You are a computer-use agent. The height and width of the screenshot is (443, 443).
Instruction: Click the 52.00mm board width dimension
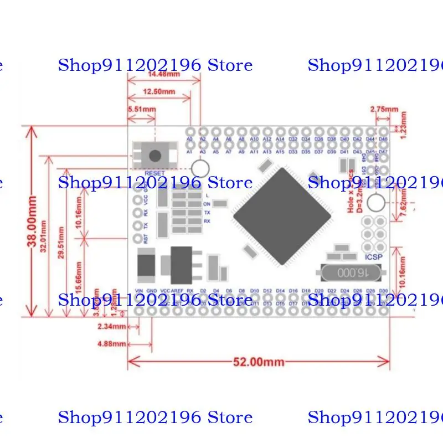coord(258,362)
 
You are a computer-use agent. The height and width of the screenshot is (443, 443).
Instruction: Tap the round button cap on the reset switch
coord(156,155)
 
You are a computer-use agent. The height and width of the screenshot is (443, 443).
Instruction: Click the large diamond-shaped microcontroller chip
coord(282,216)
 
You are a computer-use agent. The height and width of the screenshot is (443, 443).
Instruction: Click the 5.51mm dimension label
coord(141,110)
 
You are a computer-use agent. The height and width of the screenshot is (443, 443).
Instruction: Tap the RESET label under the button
coord(155,173)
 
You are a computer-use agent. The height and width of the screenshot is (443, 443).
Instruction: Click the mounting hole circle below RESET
coord(200,168)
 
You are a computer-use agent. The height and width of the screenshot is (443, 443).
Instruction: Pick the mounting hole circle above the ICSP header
coord(376,203)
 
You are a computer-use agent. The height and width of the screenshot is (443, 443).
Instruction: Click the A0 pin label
coord(189,139)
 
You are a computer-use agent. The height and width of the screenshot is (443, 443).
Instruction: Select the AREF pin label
coord(177,290)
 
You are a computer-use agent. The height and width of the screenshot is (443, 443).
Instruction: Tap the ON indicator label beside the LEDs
coord(207,204)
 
